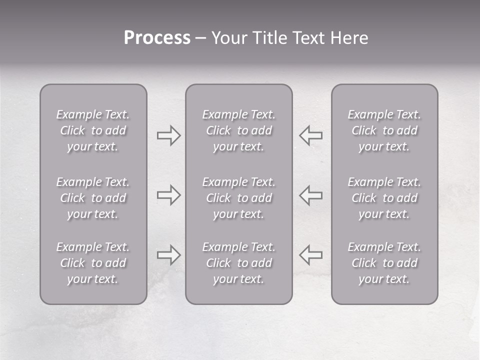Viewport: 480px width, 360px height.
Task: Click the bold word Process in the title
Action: pyautogui.click(x=157, y=38)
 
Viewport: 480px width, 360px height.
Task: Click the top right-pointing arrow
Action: pyautogui.click(x=168, y=135)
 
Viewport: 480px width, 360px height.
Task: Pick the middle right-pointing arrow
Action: pyautogui.click(x=168, y=195)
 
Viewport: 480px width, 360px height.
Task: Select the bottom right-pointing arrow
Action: pyautogui.click(x=168, y=255)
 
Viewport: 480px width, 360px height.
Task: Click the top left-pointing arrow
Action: pyautogui.click(x=311, y=135)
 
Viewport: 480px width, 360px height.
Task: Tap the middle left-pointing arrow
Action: pyautogui.click(x=311, y=195)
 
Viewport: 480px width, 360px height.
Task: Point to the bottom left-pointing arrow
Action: pyautogui.click(x=311, y=255)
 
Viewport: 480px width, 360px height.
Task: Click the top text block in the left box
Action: pyautogui.click(x=93, y=130)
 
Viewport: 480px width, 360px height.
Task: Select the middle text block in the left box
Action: pyautogui.click(x=93, y=198)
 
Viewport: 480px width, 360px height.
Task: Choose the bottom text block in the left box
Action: pyautogui.click(x=93, y=263)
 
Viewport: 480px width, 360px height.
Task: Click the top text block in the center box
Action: pyautogui.click(x=239, y=130)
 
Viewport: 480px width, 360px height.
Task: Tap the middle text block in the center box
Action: pyautogui.click(x=239, y=198)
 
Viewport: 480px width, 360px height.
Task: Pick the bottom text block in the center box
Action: pyautogui.click(x=239, y=263)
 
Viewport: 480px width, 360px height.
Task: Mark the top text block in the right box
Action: pyautogui.click(x=384, y=130)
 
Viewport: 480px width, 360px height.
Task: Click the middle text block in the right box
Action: pyautogui.click(x=384, y=198)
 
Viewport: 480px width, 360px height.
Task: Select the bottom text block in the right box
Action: pyautogui.click(x=384, y=263)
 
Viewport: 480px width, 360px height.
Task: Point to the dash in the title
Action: pyautogui.click(x=201, y=38)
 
